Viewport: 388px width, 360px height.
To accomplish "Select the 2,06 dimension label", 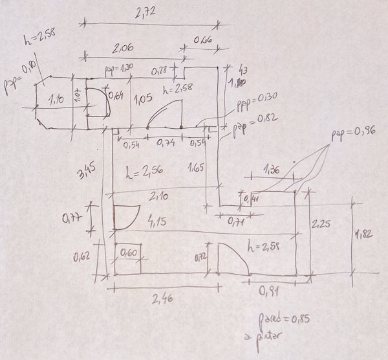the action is click(125, 47).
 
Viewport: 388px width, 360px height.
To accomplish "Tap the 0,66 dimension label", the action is click(204, 39).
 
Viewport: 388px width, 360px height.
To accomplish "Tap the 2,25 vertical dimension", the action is click(321, 225).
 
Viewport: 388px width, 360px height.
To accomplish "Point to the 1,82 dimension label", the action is click(365, 236).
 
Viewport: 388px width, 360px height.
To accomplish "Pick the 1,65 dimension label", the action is click(198, 170).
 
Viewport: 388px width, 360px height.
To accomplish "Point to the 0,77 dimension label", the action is click(72, 218).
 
